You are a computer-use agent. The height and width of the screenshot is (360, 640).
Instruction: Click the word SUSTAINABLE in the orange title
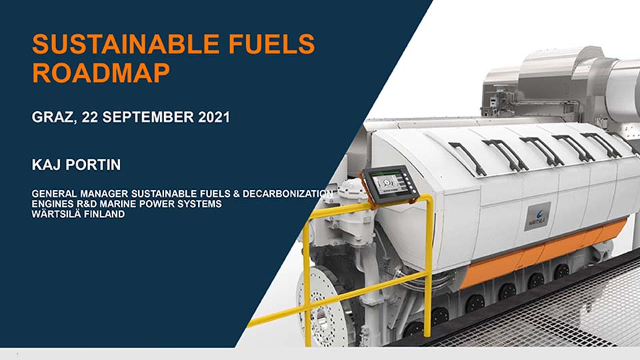click(127, 44)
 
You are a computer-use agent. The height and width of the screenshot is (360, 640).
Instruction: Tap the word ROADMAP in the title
click(101, 73)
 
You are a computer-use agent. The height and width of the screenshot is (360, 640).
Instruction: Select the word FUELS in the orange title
click(272, 44)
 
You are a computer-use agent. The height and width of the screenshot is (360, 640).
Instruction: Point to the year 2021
click(214, 117)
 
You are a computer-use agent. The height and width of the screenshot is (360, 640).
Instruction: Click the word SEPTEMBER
click(148, 117)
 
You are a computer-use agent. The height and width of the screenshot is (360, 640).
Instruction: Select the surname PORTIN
click(93, 165)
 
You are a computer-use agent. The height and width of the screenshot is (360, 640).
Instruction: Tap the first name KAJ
click(46, 165)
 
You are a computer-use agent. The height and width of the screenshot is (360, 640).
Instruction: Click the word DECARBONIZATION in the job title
click(288, 193)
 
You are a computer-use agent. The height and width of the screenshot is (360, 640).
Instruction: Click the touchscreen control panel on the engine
click(390, 185)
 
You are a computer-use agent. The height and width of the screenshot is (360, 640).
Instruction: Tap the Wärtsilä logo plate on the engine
click(537, 216)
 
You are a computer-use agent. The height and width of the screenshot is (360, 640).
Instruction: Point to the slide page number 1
click(17, 354)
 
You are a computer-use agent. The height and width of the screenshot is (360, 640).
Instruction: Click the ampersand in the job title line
click(236, 193)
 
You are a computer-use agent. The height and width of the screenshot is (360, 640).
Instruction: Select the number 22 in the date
click(89, 117)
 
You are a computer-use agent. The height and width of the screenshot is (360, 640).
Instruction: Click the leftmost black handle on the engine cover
click(467, 158)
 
